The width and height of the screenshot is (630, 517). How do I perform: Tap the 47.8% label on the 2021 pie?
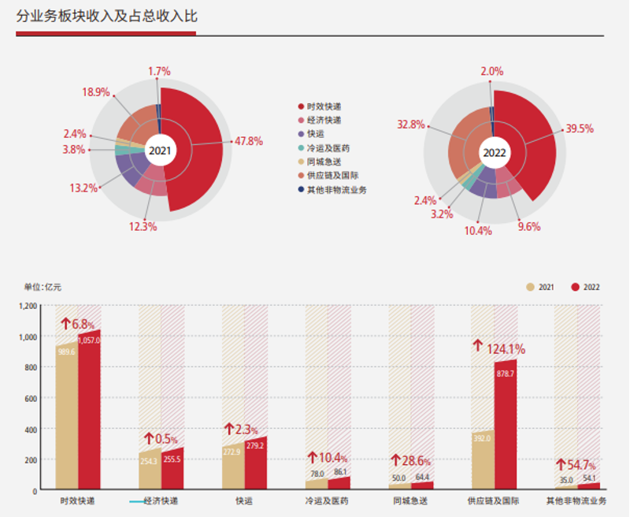tap(250, 141)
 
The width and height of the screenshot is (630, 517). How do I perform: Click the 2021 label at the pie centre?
tap(160, 151)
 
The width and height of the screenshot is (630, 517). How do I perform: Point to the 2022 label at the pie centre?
tap(494, 152)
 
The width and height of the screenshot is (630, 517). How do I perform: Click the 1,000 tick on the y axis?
tap(28, 337)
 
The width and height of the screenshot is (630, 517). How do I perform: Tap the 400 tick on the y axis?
tap(31, 429)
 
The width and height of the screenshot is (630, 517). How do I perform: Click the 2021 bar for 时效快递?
tap(66, 416)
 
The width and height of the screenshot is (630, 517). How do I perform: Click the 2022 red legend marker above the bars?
tap(576, 287)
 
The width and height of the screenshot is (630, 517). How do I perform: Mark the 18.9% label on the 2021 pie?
tap(95, 92)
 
